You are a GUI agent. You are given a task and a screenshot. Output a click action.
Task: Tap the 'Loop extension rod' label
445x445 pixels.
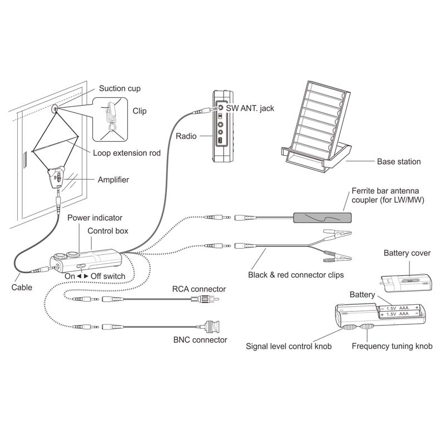pyautogui.click(x=127, y=153)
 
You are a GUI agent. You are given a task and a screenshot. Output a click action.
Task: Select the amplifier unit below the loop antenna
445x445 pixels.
pyautogui.click(x=57, y=178)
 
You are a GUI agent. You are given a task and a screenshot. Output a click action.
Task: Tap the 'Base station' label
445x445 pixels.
pyautogui.click(x=399, y=161)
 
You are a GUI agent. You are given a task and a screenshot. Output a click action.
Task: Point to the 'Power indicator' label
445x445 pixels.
pyautogui.click(x=95, y=218)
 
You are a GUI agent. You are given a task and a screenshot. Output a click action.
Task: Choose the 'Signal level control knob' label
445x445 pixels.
pyautogui.click(x=289, y=346)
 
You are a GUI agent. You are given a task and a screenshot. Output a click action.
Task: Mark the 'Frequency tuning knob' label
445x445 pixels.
pyautogui.click(x=392, y=346)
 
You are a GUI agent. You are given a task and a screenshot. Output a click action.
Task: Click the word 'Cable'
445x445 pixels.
pyautogui.click(x=22, y=288)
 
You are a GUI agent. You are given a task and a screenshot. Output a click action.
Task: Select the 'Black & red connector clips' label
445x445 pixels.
pyautogui.click(x=296, y=275)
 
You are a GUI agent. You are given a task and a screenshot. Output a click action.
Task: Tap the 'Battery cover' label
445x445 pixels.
pyautogui.click(x=407, y=253)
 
